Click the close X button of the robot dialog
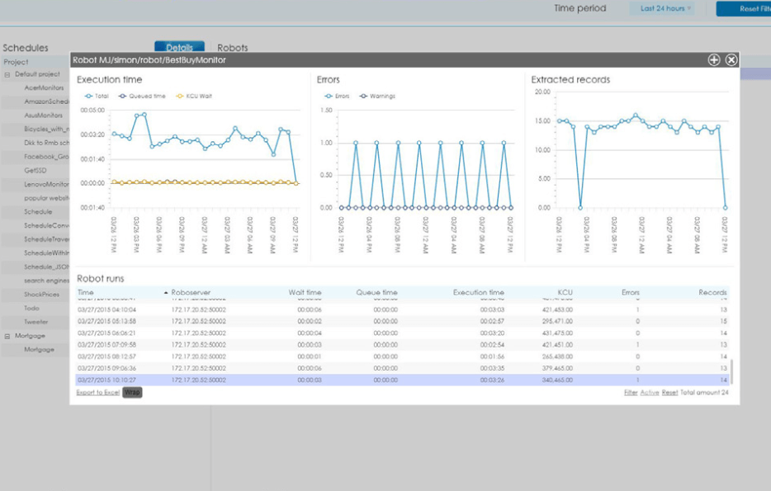click(731, 60)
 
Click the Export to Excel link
click(98, 392)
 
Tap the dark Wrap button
click(132, 392)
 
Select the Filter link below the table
click(631, 392)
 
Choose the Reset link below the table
click(669, 392)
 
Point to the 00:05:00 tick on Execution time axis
click(93, 110)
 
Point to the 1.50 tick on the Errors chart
click(326, 110)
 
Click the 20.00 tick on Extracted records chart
click(542, 92)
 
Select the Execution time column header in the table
click(478, 292)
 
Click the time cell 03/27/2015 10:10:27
click(106, 380)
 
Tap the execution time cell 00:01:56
click(492, 356)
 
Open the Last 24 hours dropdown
click(666, 8)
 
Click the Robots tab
click(232, 48)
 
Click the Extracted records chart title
click(570, 79)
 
